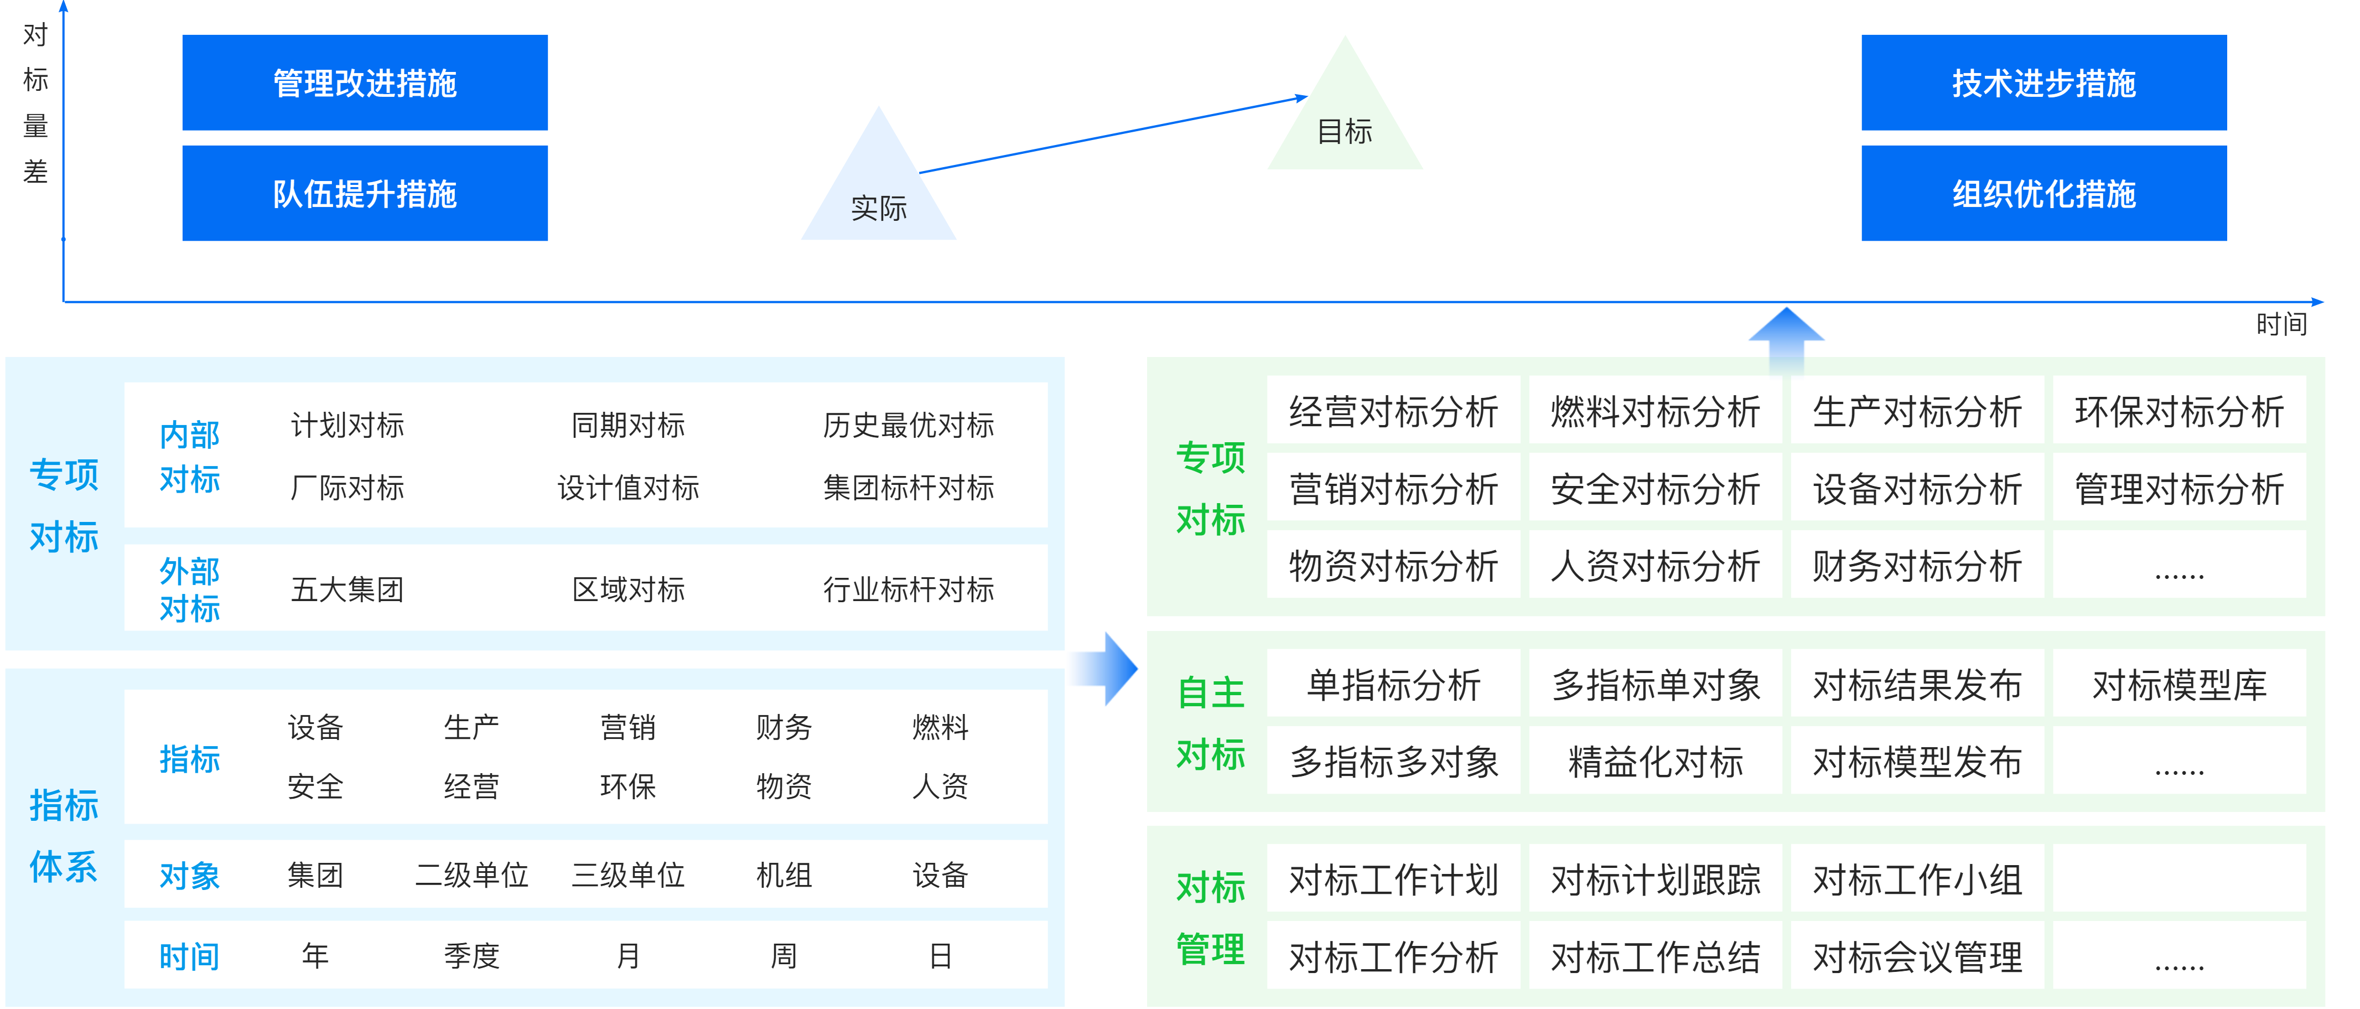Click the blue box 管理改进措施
(365, 82)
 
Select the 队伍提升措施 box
(365, 193)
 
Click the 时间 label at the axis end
(2281, 323)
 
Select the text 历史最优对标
(908, 425)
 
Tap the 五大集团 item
(347, 589)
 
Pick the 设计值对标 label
(629, 488)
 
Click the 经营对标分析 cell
(1393, 411)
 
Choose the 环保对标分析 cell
(2179, 411)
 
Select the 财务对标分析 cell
(1917, 566)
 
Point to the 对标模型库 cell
(2179, 685)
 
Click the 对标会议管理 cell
(1917, 957)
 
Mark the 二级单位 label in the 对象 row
(472, 875)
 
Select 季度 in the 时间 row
(472, 956)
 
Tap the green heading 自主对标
(1210, 723)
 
